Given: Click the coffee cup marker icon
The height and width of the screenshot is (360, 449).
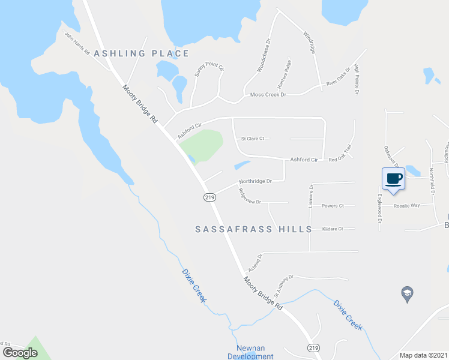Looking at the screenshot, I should coord(393,179).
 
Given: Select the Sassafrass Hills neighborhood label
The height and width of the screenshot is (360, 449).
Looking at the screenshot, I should coord(254,229).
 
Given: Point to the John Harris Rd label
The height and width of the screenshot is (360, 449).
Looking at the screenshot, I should coord(77,43).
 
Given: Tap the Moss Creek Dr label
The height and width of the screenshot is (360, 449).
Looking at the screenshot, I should coord(268,95).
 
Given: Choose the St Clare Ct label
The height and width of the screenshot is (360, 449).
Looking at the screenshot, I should coord(252,139).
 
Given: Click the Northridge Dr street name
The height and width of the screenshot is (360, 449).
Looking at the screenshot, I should coord(255,181).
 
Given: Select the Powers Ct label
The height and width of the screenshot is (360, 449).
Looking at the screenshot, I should coord(332,206).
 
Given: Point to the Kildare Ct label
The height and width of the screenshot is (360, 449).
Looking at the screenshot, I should coord(332,229).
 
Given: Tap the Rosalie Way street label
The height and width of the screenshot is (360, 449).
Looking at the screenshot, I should coord(406,206).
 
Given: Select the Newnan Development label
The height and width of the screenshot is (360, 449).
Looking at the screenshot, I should coord(250,352).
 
